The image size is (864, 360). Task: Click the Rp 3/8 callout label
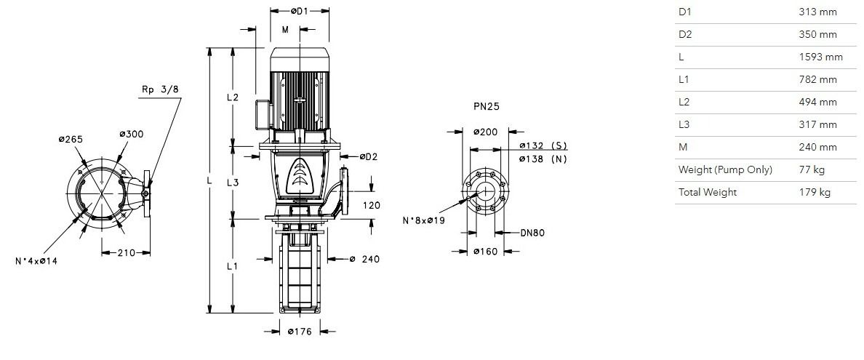click(160, 90)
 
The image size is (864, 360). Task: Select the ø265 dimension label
click(71, 139)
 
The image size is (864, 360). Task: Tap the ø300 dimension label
click(132, 134)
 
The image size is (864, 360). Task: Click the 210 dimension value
click(127, 253)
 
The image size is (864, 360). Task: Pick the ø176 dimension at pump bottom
click(300, 332)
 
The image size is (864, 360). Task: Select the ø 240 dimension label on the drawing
click(365, 259)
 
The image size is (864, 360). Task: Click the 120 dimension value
click(372, 206)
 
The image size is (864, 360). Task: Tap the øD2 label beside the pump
click(369, 156)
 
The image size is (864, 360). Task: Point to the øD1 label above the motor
click(299, 10)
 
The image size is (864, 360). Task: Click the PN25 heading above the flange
click(487, 106)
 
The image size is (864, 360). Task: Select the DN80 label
click(532, 233)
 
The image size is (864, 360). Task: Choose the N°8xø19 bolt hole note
click(424, 220)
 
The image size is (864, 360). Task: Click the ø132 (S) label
click(543, 145)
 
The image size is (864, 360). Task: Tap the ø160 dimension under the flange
click(485, 252)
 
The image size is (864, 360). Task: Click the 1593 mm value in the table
click(820, 57)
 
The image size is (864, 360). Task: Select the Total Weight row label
click(708, 193)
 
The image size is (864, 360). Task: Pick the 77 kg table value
click(812, 169)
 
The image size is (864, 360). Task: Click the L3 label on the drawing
click(233, 183)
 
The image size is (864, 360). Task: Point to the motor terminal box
click(263, 113)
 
